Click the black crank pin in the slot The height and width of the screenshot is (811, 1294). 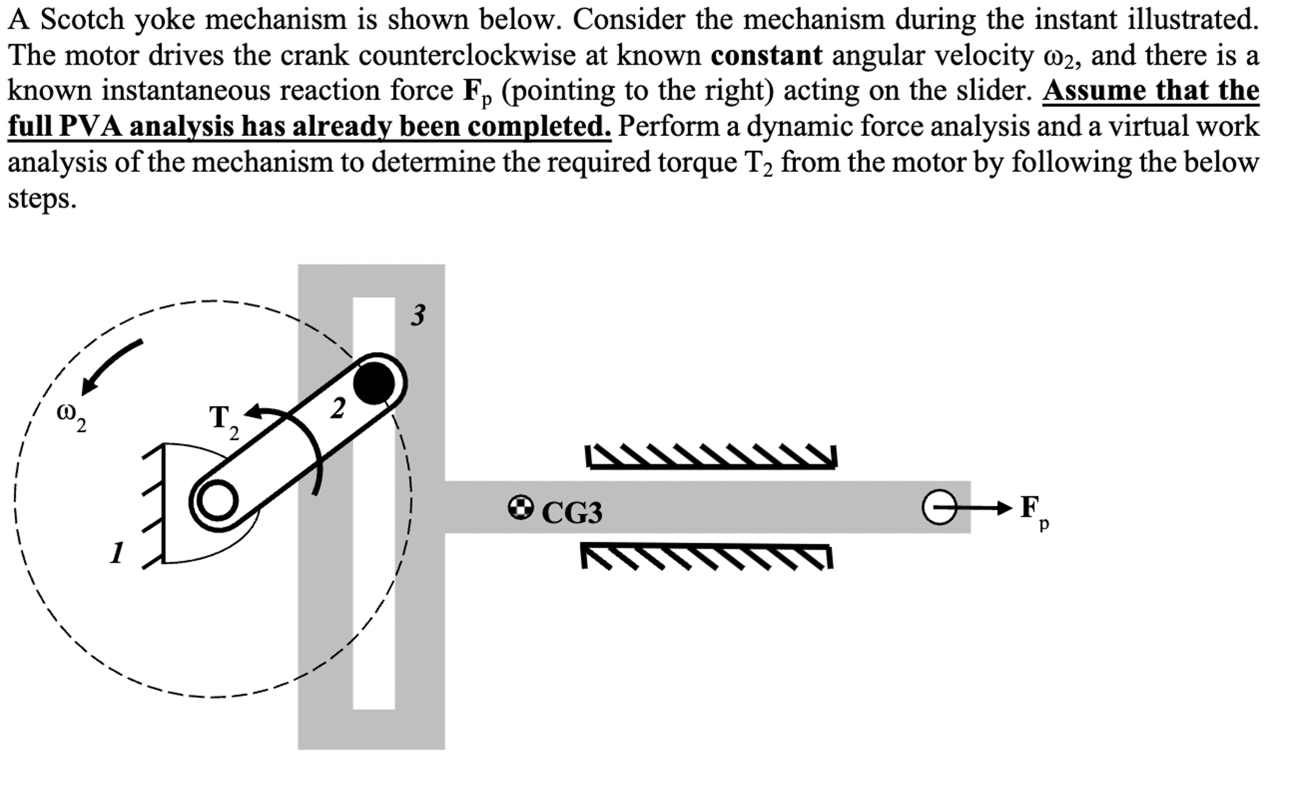[374, 383]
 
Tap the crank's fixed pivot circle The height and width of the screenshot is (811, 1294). [217, 501]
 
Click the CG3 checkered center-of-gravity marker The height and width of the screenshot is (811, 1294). [520, 508]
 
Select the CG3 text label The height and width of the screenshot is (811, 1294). [572, 513]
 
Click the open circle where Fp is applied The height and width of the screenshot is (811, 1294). [939, 507]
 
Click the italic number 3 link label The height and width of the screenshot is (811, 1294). [418, 315]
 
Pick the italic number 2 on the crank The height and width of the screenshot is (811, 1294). [337, 409]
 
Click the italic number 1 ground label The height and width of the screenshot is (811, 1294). [117, 552]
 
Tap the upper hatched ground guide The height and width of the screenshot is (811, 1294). [711, 457]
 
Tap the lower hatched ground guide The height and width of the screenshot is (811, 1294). [707, 556]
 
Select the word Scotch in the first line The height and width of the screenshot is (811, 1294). [82, 20]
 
